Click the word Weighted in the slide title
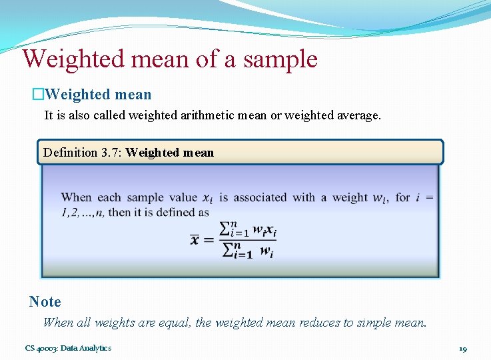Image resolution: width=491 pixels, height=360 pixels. (x=73, y=59)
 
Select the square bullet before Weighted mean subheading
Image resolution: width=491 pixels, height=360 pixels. (x=39, y=95)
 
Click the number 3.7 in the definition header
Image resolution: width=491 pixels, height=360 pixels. (x=111, y=153)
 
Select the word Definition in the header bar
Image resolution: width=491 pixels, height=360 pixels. (x=71, y=153)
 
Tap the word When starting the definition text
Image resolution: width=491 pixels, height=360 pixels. (x=76, y=197)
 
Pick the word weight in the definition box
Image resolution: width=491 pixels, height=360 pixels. (x=349, y=197)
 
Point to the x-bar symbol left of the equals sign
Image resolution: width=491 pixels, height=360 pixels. (x=195, y=238)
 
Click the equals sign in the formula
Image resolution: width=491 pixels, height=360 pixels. (x=209, y=239)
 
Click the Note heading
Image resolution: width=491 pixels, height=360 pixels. (x=45, y=301)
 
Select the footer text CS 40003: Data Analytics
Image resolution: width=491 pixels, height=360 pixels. (x=69, y=348)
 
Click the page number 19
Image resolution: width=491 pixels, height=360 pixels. (x=462, y=349)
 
